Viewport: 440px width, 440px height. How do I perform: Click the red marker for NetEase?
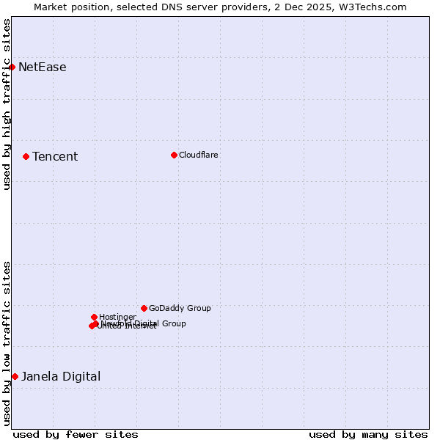coord(12,67)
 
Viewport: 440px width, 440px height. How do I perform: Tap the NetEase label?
coord(43,67)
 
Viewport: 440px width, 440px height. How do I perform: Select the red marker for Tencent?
coord(26,156)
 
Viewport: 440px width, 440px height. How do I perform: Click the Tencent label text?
coord(55,157)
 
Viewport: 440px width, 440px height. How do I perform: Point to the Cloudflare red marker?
coord(174,155)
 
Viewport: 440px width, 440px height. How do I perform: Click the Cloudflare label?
coord(199,155)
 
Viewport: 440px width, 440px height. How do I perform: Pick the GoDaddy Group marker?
coord(144,308)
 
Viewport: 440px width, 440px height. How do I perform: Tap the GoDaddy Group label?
coord(180,309)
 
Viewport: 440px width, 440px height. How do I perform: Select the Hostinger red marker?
coord(94,317)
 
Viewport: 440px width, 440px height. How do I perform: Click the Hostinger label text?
coord(117,317)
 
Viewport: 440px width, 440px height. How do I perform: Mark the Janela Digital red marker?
coord(15,376)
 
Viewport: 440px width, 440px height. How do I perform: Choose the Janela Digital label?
coord(61,377)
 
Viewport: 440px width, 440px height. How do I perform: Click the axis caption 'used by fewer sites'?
coord(76,434)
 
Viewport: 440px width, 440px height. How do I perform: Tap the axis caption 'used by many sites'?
coord(368,434)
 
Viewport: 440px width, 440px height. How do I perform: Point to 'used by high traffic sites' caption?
coord(7,104)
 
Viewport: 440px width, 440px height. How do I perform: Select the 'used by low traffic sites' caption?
coord(7,342)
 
